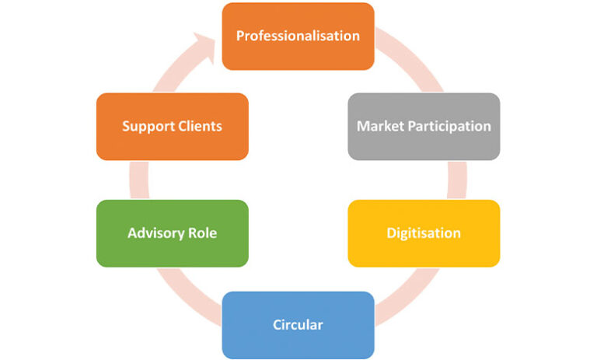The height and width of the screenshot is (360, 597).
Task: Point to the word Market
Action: pyautogui.click(x=378, y=126)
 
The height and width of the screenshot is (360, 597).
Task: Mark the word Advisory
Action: pyautogui.click(x=154, y=233)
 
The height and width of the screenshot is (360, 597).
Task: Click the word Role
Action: pyautogui.click(x=202, y=233)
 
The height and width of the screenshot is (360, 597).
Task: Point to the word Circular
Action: pyautogui.click(x=298, y=324)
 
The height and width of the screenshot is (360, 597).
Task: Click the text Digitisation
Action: pyautogui.click(x=424, y=233)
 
